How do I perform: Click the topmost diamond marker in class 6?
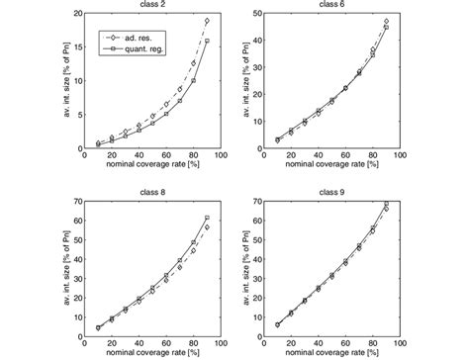[386, 21]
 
